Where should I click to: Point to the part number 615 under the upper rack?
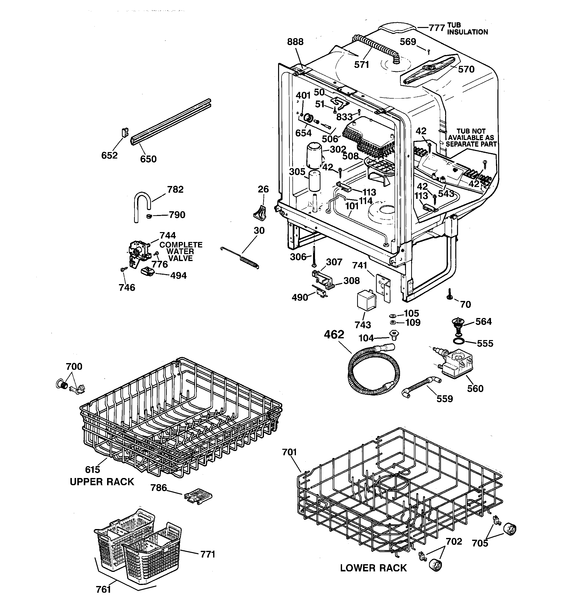tap(93, 469)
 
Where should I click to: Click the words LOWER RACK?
tap(374, 568)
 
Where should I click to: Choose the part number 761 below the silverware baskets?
tap(103, 589)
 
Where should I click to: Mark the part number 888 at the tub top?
tap(295, 42)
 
